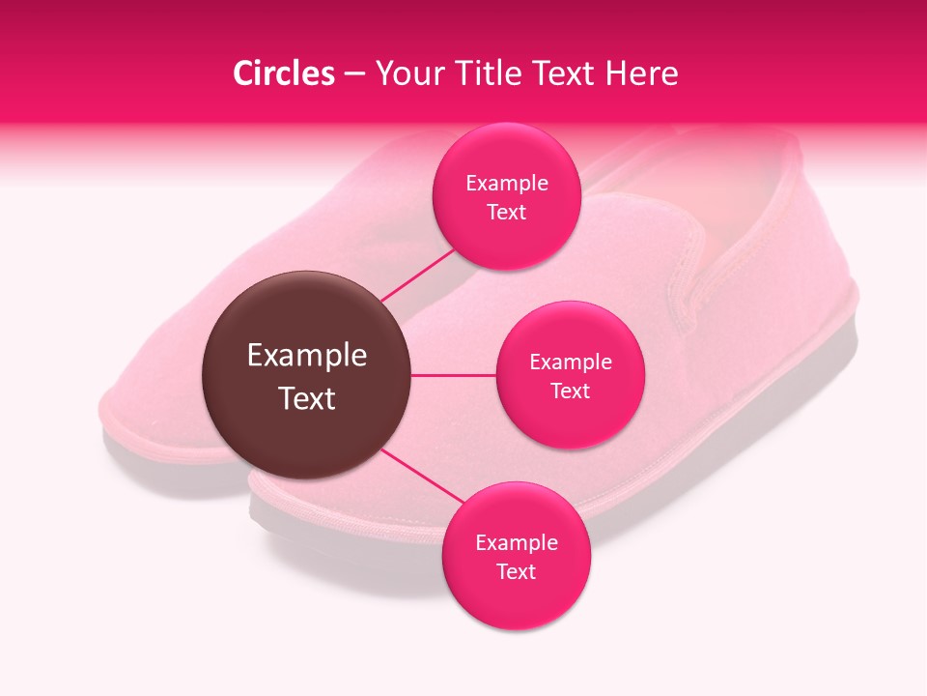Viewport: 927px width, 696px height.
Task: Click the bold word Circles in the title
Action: pos(283,73)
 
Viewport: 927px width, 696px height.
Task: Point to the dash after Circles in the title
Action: pos(354,74)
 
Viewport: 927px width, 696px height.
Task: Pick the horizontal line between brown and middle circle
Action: pos(454,375)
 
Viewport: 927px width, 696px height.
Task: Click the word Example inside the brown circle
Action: pos(307,356)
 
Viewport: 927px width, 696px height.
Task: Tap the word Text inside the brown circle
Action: pos(307,398)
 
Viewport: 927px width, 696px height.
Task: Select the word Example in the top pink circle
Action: pos(507,184)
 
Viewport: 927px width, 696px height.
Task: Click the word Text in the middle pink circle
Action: pos(570,391)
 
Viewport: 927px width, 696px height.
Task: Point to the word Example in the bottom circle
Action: pos(517,542)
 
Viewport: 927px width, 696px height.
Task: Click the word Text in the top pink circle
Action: pos(507,213)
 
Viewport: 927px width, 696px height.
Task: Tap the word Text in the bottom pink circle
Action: pos(516,572)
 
